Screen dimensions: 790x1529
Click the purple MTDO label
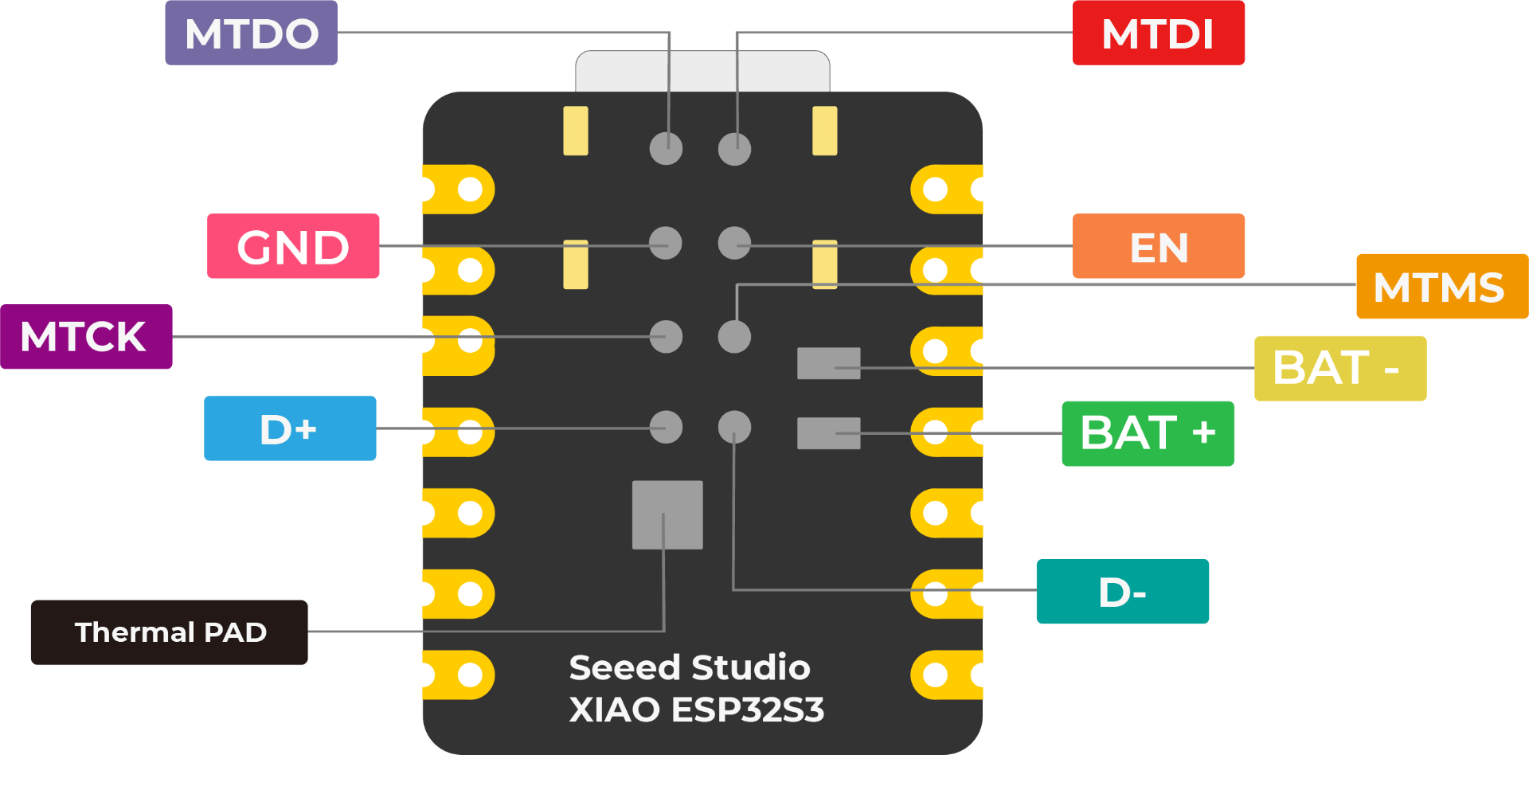[251, 33]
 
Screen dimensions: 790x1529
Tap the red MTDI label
[1157, 33]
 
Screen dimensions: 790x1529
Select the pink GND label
[293, 246]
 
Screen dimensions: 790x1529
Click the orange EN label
[1158, 246]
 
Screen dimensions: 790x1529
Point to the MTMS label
[1441, 287]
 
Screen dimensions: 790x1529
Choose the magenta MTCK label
[85, 336]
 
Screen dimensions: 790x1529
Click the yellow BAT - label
[1339, 368]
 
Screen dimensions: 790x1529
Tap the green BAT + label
[1148, 433]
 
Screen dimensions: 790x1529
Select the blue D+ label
[289, 428]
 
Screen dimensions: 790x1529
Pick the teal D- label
[1122, 592]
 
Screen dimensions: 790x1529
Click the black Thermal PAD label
[170, 632]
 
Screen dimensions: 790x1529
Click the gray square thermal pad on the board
[667, 514]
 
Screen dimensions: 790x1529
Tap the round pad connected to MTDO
[666, 148]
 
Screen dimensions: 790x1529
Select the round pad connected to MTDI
[734, 149]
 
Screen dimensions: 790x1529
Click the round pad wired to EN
[734, 243]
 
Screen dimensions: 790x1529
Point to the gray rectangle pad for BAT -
[828, 363]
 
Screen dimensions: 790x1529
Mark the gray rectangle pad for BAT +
[828, 433]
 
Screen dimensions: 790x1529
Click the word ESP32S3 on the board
[747, 710]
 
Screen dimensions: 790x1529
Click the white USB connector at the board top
[702, 71]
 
